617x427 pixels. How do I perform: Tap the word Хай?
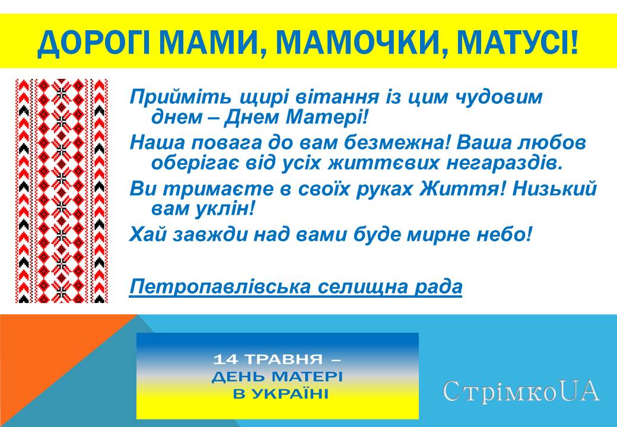pyautogui.click(x=148, y=235)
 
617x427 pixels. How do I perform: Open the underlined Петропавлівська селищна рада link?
pyautogui.click(x=295, y=287)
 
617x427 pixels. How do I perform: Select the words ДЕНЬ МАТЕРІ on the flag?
pyautogui.click(x=277, y=377)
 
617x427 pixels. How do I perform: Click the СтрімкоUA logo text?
pyautogui.click(x=520, y=392)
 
